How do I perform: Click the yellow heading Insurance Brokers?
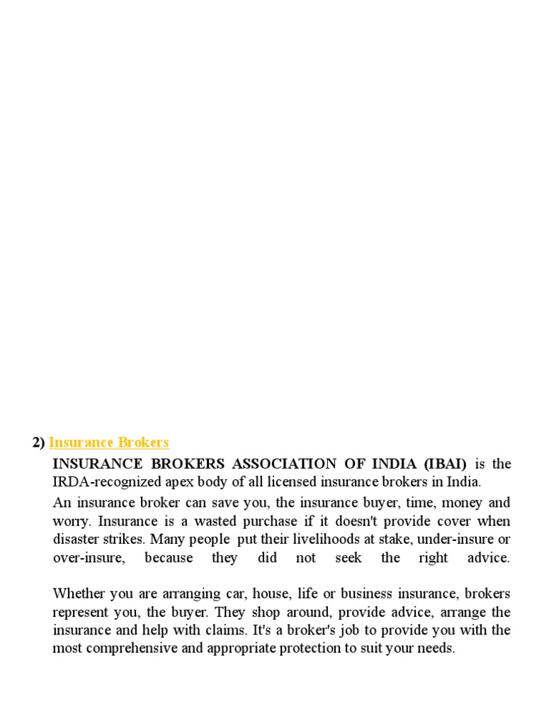[x=109, y=443]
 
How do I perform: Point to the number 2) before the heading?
[x=38, y=443]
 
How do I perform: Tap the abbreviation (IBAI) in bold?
[x=446, y=464]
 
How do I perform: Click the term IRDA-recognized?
[x=99, y=483]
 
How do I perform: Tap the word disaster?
[x=76, y=540]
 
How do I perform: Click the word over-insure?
[x=89, y=558]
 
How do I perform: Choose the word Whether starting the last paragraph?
[x=79, y=593]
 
